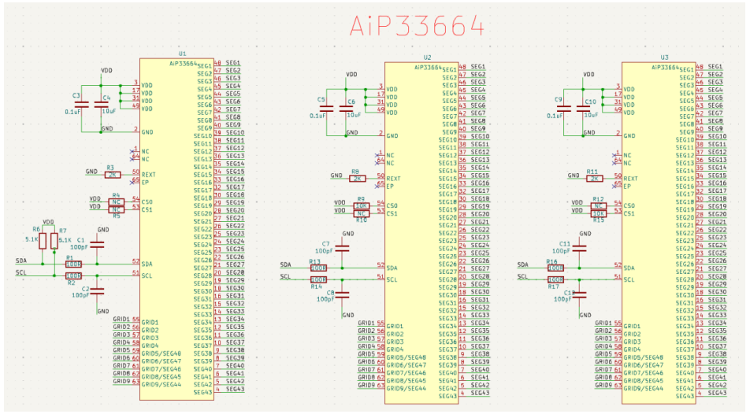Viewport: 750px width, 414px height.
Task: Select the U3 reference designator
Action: (x=664, y=57)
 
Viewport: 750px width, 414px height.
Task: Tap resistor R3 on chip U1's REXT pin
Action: (x=112, y=174)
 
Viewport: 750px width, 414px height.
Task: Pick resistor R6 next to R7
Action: (x=43, y=241)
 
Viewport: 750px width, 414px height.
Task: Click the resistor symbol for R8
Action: (x=356, y=179)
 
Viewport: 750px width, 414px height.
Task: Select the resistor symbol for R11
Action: (x=594, y=179)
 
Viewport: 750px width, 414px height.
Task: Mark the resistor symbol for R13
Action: (x=318, y=268)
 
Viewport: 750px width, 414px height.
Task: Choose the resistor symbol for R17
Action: (x=555, y=279)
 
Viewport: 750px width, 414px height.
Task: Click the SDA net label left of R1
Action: (x=21, y=261)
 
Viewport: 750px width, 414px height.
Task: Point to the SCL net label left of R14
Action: (x=285, y=276)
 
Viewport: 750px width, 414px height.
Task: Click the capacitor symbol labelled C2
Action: (x=97, y=290)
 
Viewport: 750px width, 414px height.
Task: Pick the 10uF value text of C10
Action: (x=590, y=115)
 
